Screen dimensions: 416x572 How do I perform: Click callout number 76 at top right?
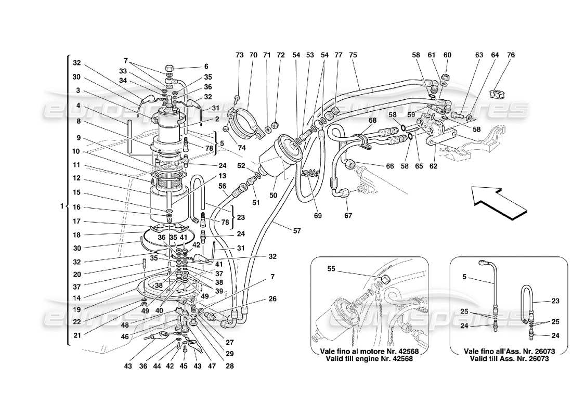511,55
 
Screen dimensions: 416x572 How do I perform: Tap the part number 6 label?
206,67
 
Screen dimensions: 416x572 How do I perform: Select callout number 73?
239,55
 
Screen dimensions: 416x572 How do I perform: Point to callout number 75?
353,55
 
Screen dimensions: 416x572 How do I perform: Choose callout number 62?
433,167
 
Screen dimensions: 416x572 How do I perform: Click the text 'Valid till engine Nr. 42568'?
369,359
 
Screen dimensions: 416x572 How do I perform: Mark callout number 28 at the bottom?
230,366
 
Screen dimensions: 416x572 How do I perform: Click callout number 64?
495,55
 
